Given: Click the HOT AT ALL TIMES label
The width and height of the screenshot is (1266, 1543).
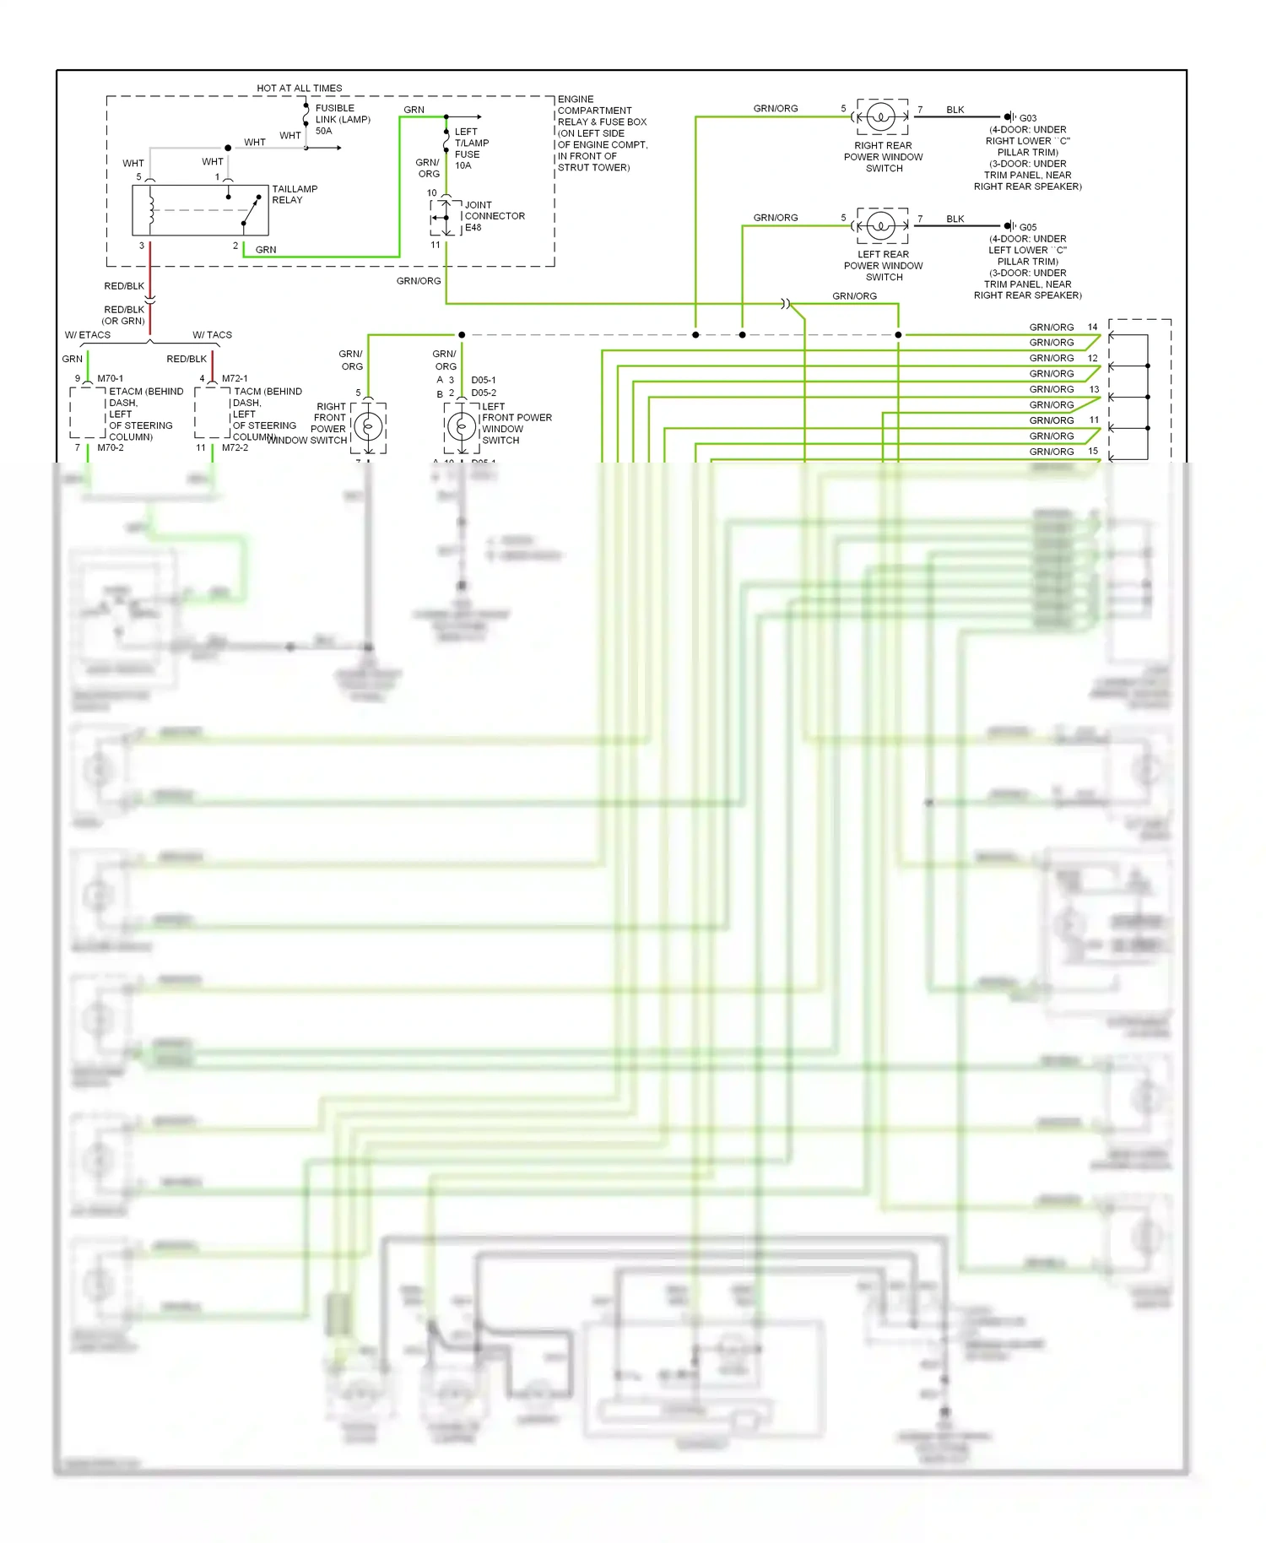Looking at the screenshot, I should click(x=299, y=88).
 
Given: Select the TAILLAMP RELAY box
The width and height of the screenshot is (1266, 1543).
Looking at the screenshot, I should click(x=200, y=210).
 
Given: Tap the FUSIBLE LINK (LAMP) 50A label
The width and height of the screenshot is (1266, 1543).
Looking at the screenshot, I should click(x=342, y=119).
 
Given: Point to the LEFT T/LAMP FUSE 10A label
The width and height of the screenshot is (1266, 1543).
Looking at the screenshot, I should click(x=471, y=149).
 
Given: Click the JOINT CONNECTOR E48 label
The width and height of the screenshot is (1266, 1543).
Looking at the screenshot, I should click(x=494, y=216).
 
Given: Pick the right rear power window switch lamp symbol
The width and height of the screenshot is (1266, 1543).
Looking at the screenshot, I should click(x=881, y=116).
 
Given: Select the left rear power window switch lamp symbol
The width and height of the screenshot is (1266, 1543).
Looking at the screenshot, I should click(x=881, y=225).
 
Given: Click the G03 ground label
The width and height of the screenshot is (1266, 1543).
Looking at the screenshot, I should click(x=1027, y=118).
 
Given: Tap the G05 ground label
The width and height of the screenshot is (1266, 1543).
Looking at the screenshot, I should click(x=1027, y=227).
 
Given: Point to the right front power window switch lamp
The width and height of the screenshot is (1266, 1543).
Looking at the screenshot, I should click(x=368, y=427).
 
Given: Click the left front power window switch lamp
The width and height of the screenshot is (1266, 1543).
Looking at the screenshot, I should click(x=461, y=427).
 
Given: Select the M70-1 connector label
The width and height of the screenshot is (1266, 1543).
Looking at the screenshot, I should click(x=110, y=378).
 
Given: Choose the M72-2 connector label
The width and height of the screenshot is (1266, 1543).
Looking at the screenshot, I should click(x=235, y=447).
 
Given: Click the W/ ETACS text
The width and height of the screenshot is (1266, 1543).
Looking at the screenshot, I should click(x=88, y=335).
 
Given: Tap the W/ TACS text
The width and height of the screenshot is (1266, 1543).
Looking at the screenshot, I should click(x=212, y=335).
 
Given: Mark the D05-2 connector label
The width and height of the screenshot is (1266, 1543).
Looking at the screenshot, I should click(x=484, y=393).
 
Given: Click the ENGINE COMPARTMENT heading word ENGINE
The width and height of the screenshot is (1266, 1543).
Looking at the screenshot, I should click(x=576, y=100).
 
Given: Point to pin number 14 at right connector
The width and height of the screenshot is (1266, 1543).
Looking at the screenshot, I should click(x=1092, y=327).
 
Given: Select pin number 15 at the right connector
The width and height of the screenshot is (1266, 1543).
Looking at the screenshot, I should click(x=1092, y=451).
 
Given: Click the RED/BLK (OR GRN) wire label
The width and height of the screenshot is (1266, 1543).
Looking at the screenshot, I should click(x=124, y=315).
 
